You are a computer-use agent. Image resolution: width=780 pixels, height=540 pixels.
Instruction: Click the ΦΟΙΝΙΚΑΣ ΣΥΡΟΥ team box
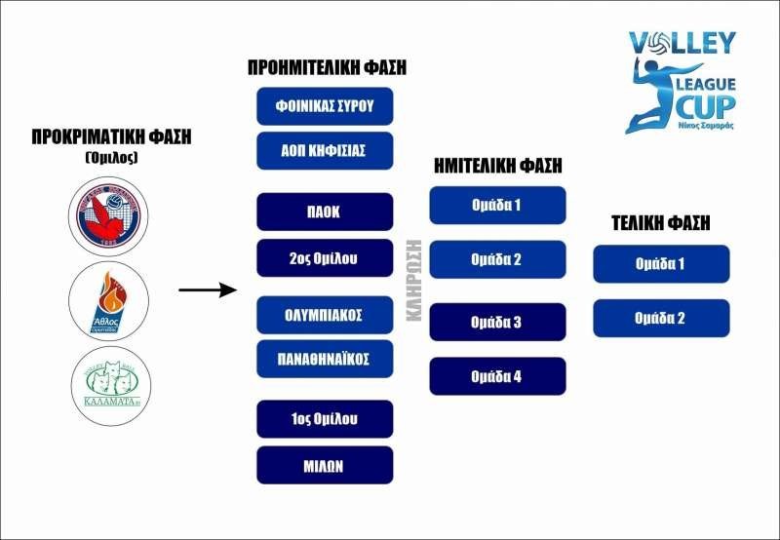click(x=325, y=105)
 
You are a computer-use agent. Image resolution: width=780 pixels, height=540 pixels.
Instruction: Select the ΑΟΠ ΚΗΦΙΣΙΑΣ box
click(x=325, y=150)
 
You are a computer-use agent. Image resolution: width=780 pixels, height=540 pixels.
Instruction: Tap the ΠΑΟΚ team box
click(x=325, y=212)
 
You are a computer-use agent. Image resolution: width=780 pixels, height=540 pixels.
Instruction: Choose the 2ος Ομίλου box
click(x=325, y=257)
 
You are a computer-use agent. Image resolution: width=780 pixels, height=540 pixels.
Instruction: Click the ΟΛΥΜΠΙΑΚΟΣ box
click(x=325, y=315)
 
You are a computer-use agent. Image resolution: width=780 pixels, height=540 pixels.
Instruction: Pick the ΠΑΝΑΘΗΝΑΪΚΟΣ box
click(x=325, y=359)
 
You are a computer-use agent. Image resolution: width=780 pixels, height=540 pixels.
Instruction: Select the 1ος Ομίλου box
click(x=325, y=419)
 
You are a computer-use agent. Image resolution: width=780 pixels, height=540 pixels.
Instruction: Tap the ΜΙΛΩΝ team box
click(x=325, y=465)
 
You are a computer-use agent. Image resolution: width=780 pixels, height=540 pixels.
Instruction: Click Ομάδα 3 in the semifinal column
click(x=497, y=322)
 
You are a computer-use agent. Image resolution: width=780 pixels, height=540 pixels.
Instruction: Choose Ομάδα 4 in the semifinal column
click(x=497, y=376)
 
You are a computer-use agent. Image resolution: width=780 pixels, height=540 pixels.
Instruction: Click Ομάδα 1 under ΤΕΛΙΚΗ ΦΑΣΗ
click(x=660, y=263)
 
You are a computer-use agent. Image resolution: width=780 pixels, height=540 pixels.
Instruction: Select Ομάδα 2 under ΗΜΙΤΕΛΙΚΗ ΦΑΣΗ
click(x=497, y=259)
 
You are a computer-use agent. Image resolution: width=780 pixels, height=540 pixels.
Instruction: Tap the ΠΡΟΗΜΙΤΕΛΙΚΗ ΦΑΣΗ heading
click(x=326, y=68)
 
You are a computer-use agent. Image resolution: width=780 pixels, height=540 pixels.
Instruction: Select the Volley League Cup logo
click(x=682, y=82)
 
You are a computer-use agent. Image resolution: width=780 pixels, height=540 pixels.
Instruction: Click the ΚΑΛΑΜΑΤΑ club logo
click(x=110, y=387)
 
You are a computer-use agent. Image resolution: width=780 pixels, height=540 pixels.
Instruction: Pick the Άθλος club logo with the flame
click(x=110, y=300)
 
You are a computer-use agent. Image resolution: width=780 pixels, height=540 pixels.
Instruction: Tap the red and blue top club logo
click(x=110, y=213)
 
